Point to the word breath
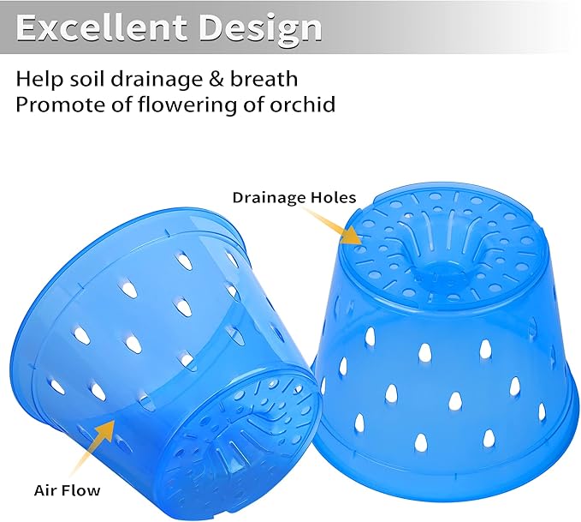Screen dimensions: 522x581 click(267, 79)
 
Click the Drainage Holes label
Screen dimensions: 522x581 click(293, 197)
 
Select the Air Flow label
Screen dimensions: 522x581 click(67, 490)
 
